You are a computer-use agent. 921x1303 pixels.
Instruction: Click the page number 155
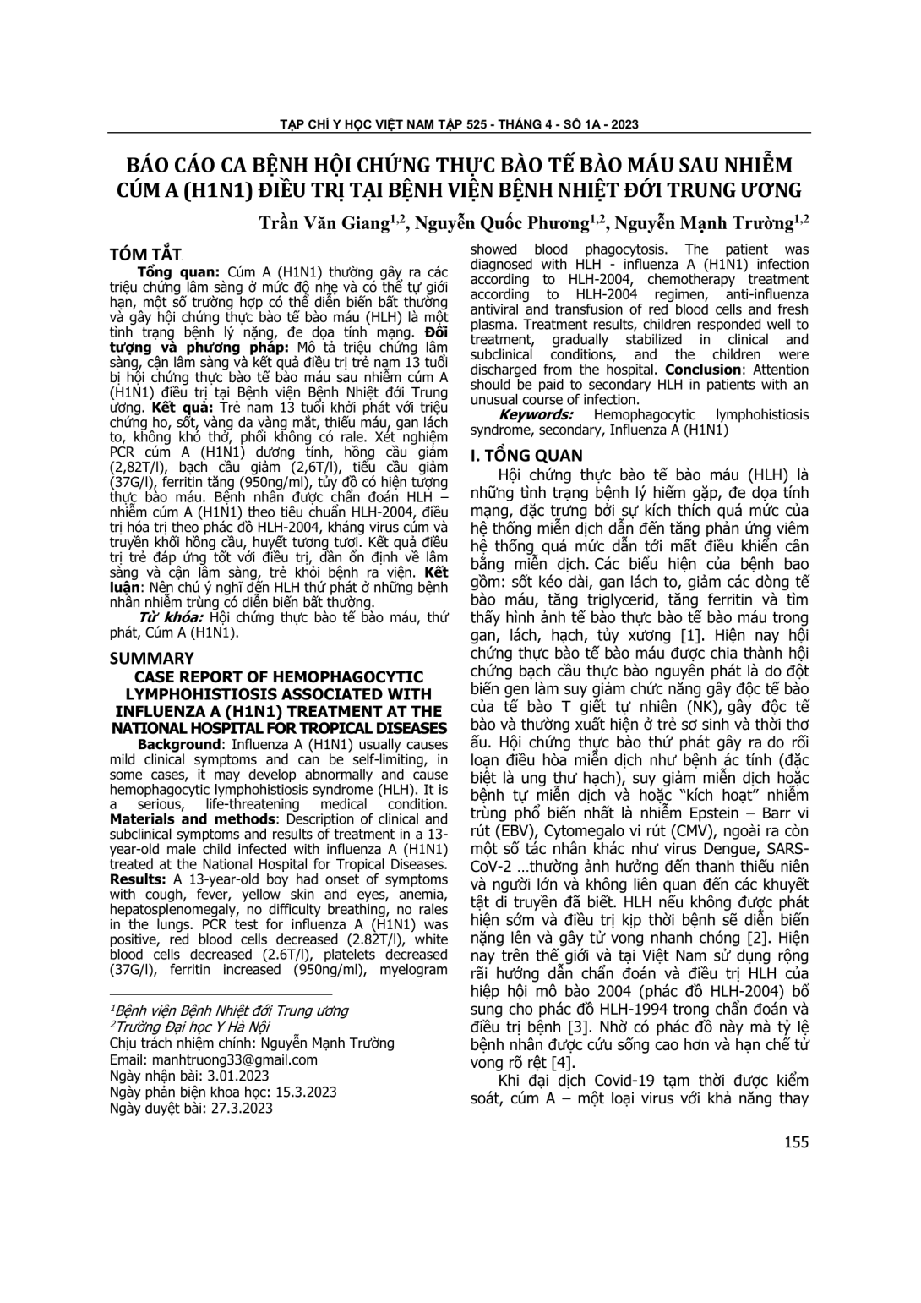point(796,1142)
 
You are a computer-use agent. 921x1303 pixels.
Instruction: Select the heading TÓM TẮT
point(145,255)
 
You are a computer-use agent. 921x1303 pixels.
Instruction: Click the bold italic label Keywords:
point(537,415)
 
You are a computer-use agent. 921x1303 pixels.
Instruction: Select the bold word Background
point(178,744)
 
